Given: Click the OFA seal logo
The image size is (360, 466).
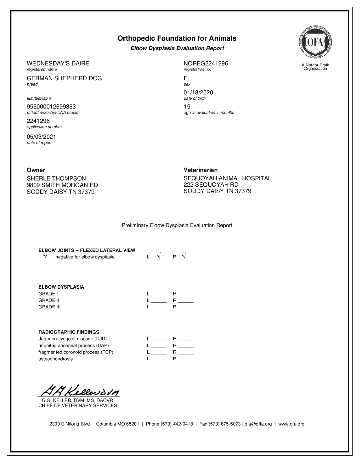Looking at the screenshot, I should (x=315, y=42).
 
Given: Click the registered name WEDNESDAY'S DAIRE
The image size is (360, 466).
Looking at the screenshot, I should (x=58, y=64).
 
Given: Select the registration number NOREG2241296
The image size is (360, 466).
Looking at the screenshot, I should (x=206, y=64).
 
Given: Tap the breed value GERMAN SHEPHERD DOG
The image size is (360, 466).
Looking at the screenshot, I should (x=64, y=78).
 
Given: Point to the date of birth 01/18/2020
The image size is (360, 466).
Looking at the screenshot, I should (x=198, y=92).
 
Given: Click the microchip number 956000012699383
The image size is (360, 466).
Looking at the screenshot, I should (x=51, y=107).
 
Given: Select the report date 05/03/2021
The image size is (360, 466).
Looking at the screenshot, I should (x=41, y=137).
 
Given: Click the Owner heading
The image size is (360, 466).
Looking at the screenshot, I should (x=36, y=170).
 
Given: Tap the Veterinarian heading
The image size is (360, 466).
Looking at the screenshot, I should (x=200, y=170).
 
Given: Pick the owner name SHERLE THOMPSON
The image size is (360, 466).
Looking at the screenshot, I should (x=56, y=178).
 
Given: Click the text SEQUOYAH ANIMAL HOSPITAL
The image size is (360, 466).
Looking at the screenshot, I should (x=227, y=178).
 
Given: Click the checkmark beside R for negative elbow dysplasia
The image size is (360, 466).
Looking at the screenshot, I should (x=184, y=256).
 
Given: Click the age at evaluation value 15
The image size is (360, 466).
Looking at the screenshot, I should (x=187, y=107).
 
